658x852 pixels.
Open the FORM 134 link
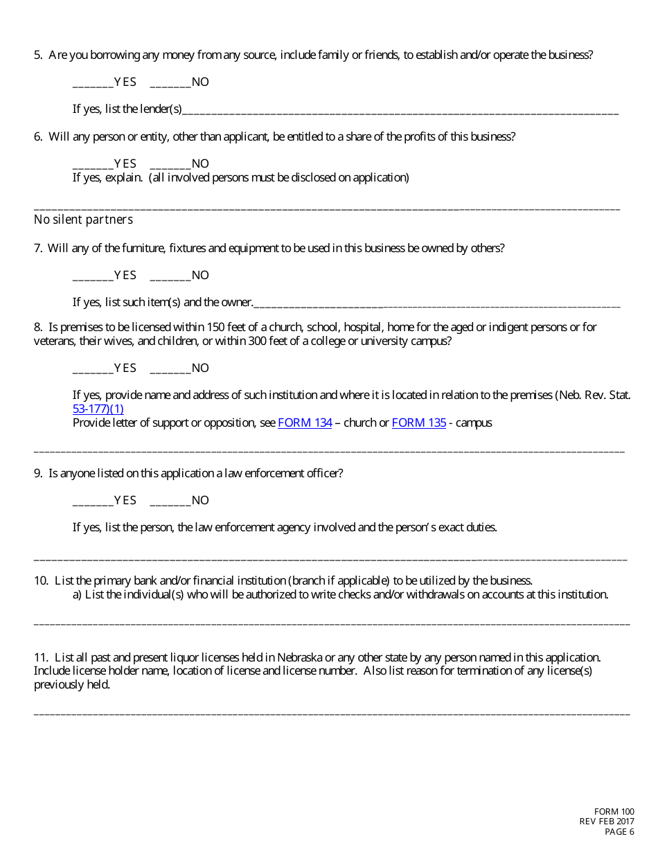click(x=305, y=423)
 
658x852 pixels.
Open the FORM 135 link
click(x=419, y=423)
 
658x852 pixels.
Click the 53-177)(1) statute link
click(x=98, y=409)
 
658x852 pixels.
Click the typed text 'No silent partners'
click(x=83, y=220)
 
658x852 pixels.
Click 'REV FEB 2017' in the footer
click(x=607, y=822)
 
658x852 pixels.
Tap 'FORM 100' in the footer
click(x=614, y=812)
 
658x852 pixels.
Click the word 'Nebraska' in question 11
click(x=300, y=657)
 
